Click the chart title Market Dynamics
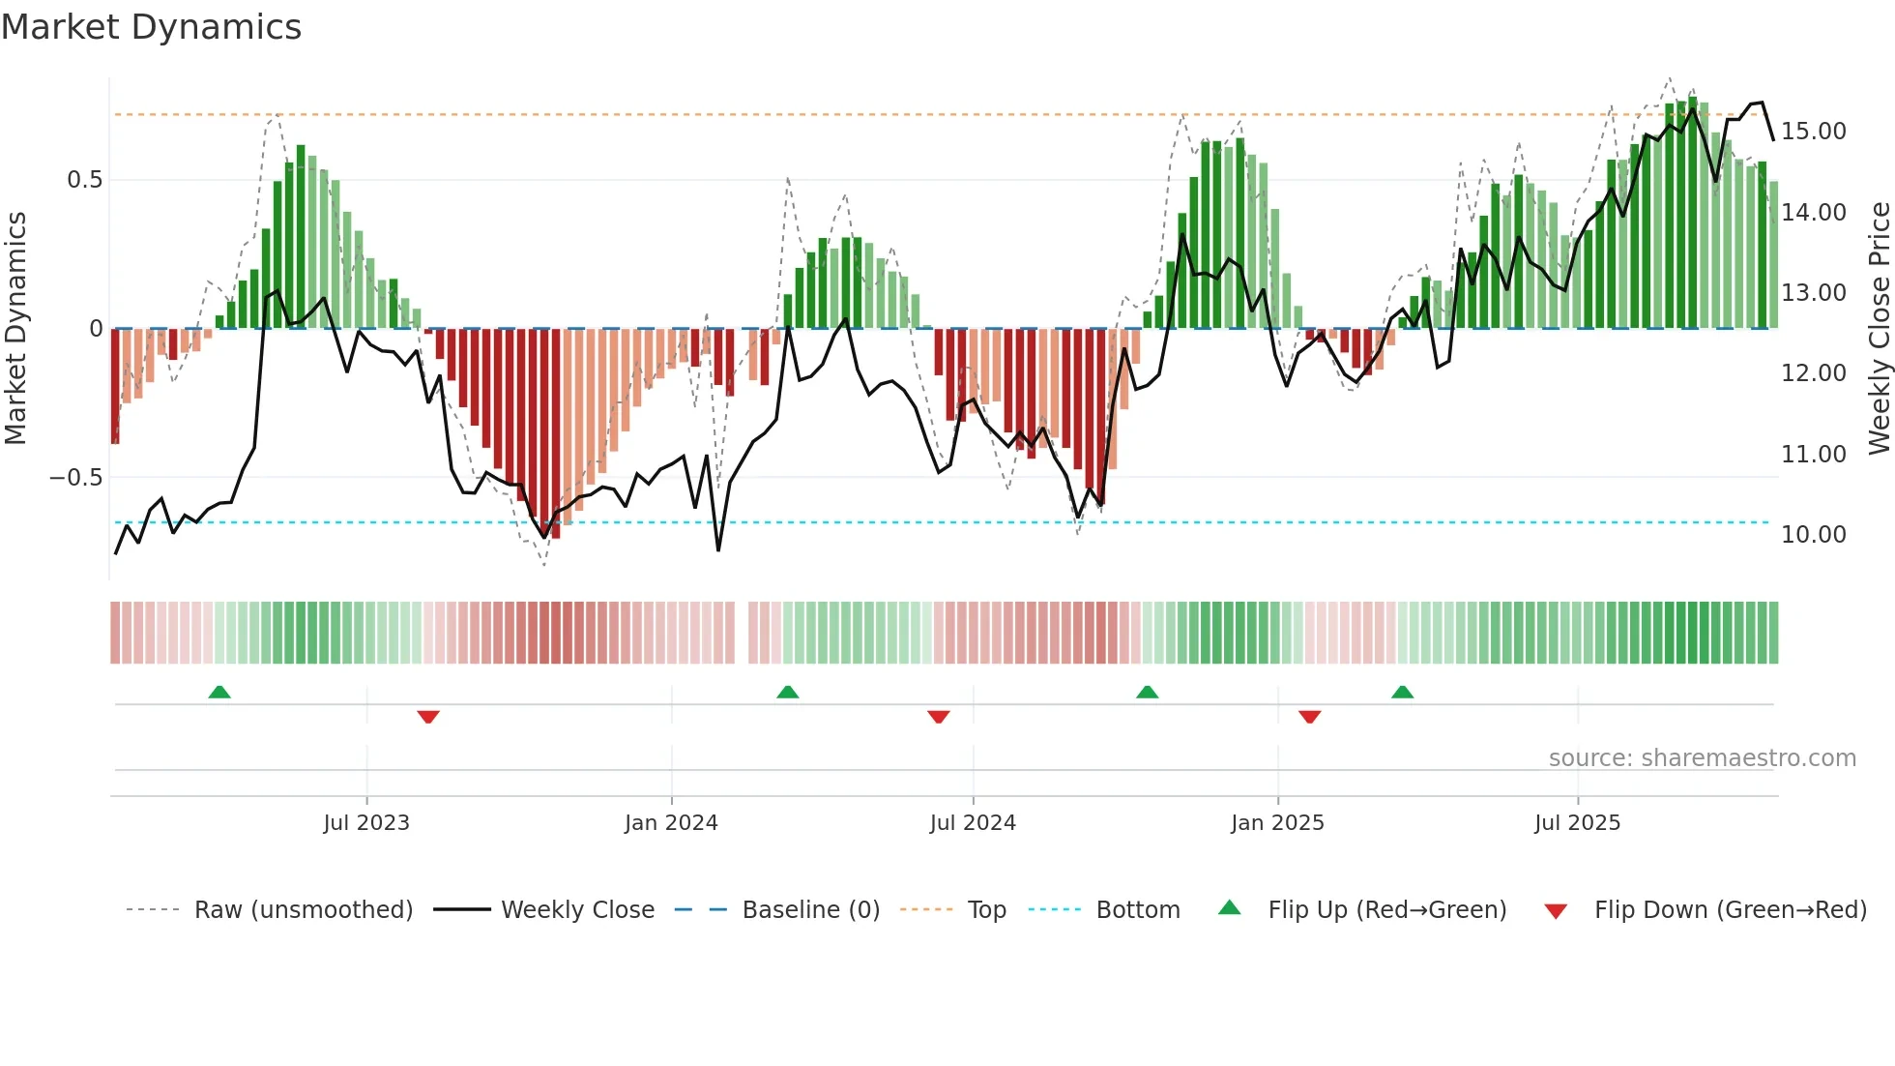151,27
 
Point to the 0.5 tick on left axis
84,180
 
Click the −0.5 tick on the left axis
76,478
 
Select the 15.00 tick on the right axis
1813,132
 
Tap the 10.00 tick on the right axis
1813,535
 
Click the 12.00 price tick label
1813,373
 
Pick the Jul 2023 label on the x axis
366,823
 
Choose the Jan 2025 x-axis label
1277,823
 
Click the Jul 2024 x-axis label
973,823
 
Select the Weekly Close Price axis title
1879,329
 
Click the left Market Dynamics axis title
15,329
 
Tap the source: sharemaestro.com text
1702,758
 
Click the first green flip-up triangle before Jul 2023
219,692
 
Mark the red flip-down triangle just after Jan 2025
1310,717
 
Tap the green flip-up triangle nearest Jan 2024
788,692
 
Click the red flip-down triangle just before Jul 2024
938,717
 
